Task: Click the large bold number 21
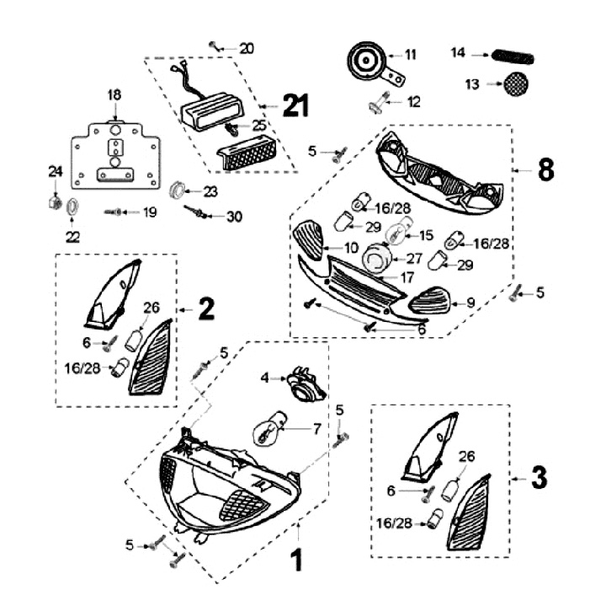click(x=295, y=106)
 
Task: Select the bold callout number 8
click(x=545, y=169)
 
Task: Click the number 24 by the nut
click(x=55, y=172)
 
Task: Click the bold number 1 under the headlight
click(x=295, y=560)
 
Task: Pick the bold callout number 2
click(x=206, y=310)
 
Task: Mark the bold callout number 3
click(x=539, y=479)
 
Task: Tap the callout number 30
click(x=233, y=217)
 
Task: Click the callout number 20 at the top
click(x=246, y=48)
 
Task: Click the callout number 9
click(x=470, y=301)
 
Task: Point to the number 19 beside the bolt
click(x=149, y=212)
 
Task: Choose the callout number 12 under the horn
click(x=413, y=102)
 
